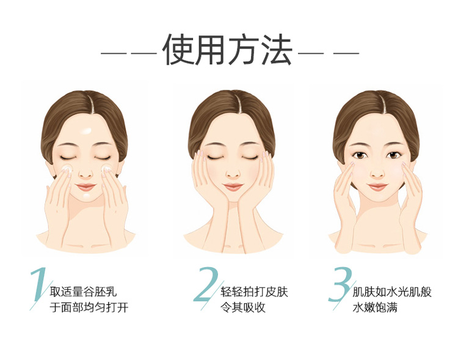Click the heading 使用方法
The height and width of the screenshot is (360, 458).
click(x=227, y=50)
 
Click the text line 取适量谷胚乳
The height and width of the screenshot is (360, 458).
click(x=83, y=292)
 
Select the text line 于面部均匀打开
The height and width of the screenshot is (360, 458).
click(x=89, y=307)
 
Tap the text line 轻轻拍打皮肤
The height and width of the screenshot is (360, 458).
click(x=255, y=292)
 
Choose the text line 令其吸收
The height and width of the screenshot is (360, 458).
click(x=243, y=307)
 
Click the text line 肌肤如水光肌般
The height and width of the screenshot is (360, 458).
click(x=392, y=292)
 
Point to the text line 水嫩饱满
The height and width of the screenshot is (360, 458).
click(x=375, y=307)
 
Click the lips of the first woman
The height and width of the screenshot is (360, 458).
click(x=86, y=186)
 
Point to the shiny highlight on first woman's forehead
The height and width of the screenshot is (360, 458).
click(x=86, y=130)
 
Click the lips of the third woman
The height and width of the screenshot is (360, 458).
click(x=377, y=186)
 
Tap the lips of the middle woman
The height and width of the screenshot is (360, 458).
click(x=233, y=186)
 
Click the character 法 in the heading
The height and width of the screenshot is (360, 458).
click(x=277, y=50)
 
